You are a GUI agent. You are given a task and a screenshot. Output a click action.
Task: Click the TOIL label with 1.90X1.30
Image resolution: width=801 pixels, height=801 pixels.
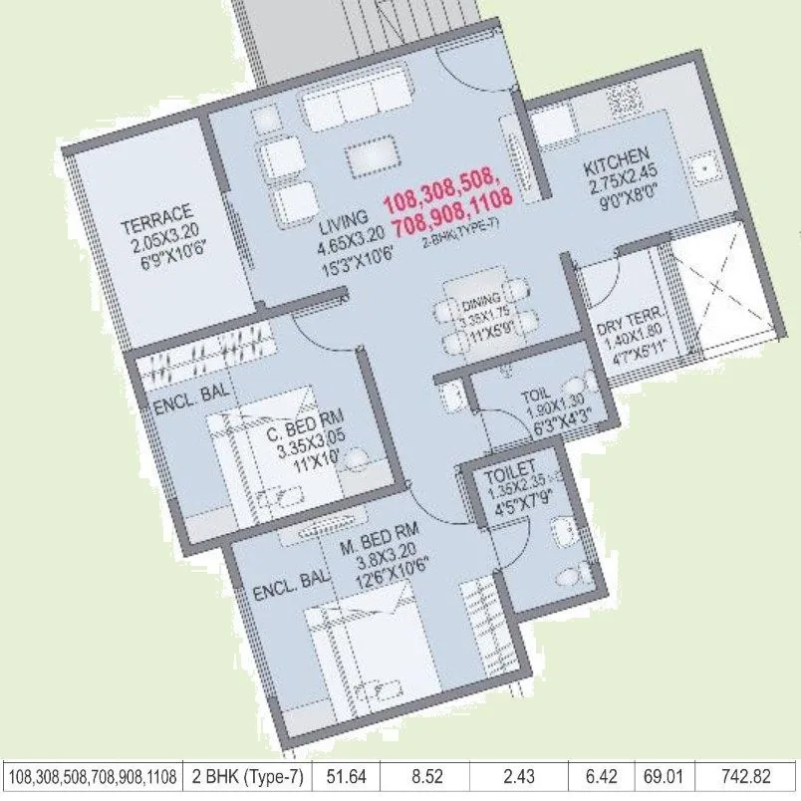click(534, 395)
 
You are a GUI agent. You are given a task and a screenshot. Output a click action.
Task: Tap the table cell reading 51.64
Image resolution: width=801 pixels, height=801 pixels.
click(349, 775)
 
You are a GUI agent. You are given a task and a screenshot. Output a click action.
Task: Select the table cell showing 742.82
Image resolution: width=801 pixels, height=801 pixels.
click(748, 775)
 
